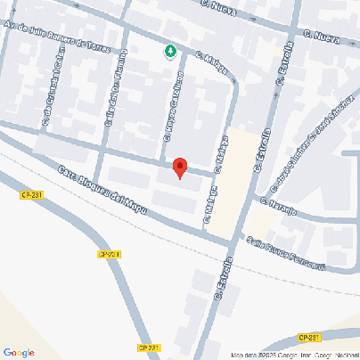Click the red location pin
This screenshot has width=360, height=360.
pyautogui.click(x=179, y=168)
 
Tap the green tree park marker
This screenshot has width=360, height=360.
pyautogui.click(x=170, y=52)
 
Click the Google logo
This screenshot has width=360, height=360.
pyautogui.click(x=19, y=352)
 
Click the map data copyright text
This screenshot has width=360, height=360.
pyautogui.click(x=295, y=355)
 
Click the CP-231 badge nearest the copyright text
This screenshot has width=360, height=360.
pyautogui.click(x=309, y=337)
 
